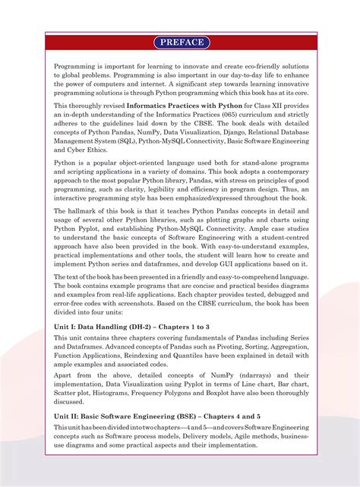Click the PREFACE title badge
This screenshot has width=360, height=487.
(x=180, y=42)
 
